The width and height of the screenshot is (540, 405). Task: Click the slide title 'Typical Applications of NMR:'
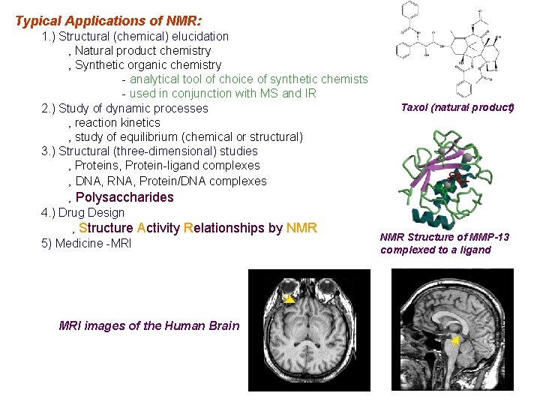108,21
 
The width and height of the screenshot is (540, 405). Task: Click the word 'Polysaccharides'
124,197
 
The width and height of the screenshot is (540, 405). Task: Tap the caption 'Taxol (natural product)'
457,107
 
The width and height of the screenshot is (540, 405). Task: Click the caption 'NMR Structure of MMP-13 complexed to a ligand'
445,243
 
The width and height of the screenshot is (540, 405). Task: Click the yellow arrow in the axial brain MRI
289,298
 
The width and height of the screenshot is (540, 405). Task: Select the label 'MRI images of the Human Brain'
149,325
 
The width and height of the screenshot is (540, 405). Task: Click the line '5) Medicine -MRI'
86,243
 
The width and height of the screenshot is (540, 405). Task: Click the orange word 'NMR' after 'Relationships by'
301,228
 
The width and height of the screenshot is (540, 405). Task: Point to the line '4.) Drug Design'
82,212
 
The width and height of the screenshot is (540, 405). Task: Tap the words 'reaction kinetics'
118,122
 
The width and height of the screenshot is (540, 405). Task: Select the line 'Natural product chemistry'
142,50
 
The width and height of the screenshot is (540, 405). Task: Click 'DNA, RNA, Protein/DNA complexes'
170,181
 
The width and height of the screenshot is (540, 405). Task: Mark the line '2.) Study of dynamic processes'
124,108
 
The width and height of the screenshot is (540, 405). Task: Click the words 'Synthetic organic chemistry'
148,64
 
